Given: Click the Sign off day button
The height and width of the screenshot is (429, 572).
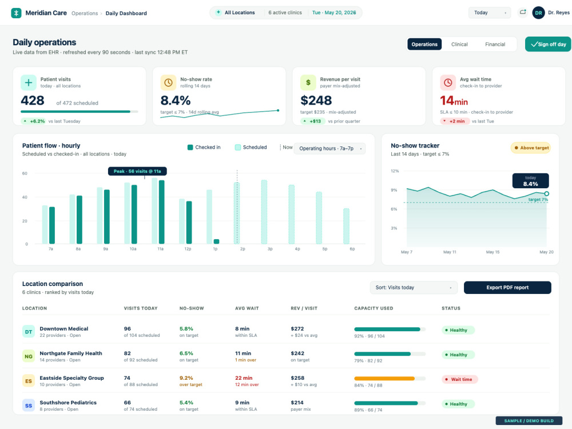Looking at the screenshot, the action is (548, 44).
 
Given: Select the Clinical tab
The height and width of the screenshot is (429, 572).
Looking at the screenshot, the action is (459, 44).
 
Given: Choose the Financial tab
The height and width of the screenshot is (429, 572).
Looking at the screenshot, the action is (495, 44).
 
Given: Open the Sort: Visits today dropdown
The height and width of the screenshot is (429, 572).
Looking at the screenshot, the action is (414, 288).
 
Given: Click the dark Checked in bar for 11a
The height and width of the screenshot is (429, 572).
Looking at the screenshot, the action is (162, 212).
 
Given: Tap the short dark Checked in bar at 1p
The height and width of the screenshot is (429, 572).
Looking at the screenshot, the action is (216, 241).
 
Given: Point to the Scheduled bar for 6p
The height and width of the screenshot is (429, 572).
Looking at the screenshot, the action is (346, 226).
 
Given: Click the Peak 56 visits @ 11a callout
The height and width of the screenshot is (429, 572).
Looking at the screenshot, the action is (137, 171).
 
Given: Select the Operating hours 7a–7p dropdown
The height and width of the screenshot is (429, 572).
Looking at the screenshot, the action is (329, 149).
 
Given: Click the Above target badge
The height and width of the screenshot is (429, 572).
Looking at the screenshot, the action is (531, 148).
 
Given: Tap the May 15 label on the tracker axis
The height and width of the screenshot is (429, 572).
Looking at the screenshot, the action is (492, 252).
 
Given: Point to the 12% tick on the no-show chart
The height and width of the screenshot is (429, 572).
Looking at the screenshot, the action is (395, 170).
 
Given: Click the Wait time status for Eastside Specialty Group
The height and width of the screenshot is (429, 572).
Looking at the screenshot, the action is (460, 379).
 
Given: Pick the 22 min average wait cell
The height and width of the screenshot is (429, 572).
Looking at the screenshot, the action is (244, 378).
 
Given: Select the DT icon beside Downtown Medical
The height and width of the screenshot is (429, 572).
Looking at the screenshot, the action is (29, 332).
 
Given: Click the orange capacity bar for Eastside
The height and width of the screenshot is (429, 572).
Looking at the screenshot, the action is (384, 379).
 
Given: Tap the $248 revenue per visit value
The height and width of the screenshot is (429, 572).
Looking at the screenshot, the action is (316, 100).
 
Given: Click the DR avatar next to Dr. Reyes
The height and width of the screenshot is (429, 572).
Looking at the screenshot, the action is (538, 13).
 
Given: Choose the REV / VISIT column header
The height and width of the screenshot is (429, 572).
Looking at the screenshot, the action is (304, 308).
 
